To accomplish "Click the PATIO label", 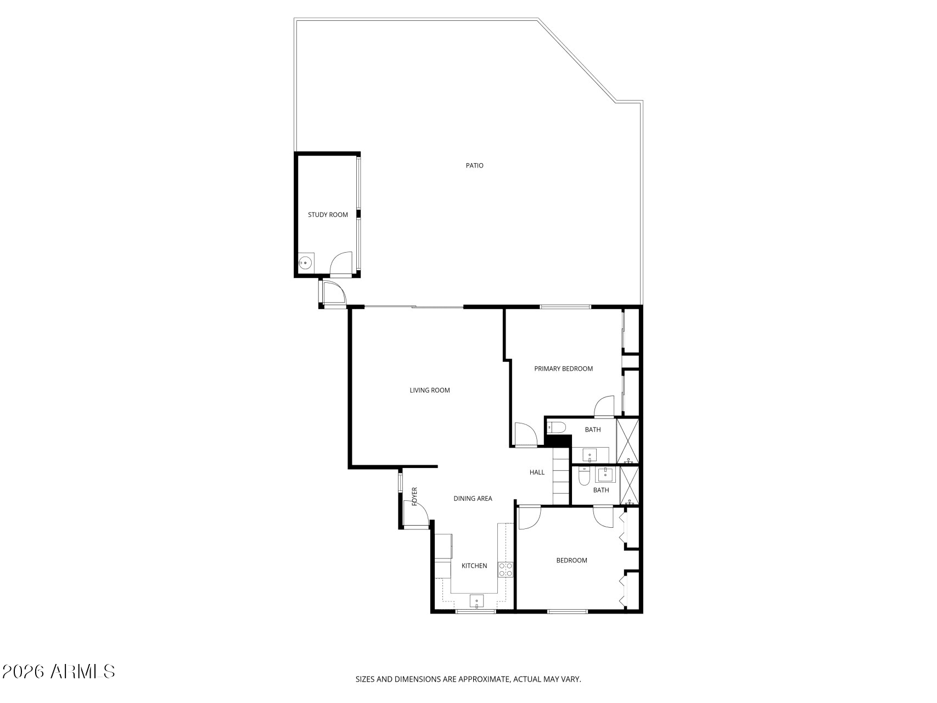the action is tap(474, 165).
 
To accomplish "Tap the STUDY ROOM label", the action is tap(328, 215).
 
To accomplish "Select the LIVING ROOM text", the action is tap(430, 390).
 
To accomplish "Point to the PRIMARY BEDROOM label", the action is tap(563, 369).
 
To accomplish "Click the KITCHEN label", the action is tap(474, 566).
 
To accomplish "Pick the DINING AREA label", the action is tap(473, 499).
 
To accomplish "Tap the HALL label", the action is tap(537, 472).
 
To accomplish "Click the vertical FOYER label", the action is tap(414, 496).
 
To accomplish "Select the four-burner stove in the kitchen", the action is tap(506, 570).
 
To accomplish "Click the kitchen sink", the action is tap(476, 601).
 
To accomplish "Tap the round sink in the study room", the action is tap(306, 264).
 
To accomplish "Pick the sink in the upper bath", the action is tap(590, 455).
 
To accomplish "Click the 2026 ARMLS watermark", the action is tap(58, 671).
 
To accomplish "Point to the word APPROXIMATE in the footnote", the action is tap(481, 679).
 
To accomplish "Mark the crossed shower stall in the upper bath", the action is tap(628, 441).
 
